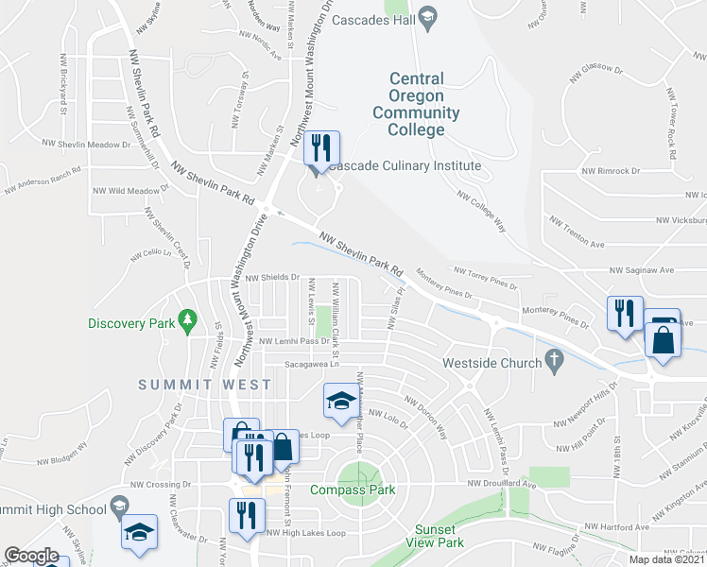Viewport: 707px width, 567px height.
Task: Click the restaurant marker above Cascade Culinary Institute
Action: tap(320, 147)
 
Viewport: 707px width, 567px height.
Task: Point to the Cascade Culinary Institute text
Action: tap(405, 165)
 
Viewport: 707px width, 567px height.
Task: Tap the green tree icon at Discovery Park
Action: tap(189, 318)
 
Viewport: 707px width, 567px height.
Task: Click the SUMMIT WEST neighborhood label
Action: tap(204, 385)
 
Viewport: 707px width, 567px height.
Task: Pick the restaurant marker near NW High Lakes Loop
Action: tap(247, 516)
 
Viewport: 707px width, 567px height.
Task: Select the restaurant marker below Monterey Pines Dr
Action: tap(624, 313)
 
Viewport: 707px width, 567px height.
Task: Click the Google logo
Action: tap(31, 556)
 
